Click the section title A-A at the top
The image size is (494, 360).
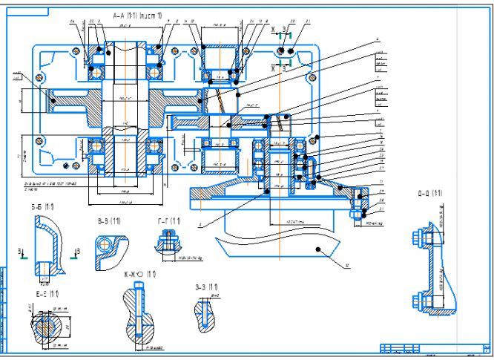click(136, 15)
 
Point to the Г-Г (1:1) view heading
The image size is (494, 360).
click(169, 221)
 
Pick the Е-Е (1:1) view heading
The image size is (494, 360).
click(47, 294)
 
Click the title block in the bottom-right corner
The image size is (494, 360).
click(433, 349)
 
